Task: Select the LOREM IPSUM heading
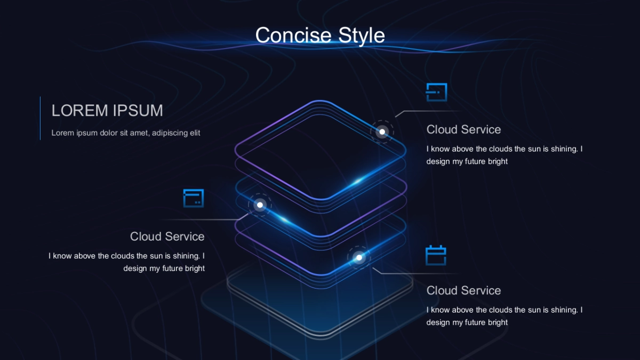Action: (x=107, y=110)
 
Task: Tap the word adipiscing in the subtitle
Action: (x=170, y=133)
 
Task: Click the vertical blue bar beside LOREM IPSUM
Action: (x=41, y=118)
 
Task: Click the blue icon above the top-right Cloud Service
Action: (x=436, y=92)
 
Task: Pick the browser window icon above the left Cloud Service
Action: (x=194, y=198)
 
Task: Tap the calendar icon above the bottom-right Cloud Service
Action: (x=436, y=255)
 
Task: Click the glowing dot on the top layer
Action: (x=382, y=132)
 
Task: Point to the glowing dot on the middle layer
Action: (x=260, y=204)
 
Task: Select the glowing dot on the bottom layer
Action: (x=359, y=258)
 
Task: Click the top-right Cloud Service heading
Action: (x=463, y=130)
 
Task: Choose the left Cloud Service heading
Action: (x=167, y=236)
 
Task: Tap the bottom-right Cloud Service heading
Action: (x=463, y=291)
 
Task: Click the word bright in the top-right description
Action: (x=498, y=162)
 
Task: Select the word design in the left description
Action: (x=135, y=269)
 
